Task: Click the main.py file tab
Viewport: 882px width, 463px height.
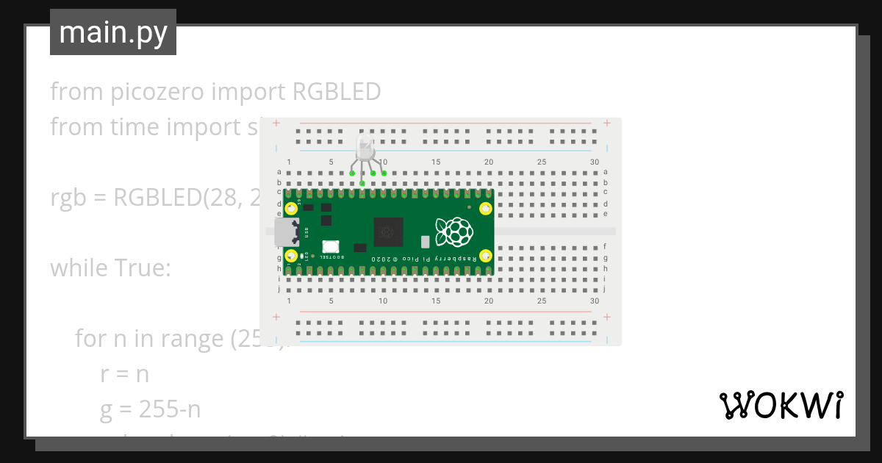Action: pos(113,32)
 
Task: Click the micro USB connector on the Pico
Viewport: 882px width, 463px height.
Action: pos(285,232)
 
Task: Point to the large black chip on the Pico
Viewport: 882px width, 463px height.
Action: pos(389,232)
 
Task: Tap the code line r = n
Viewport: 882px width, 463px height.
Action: pos(125,374)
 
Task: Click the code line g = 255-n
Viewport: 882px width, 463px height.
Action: pos(151,409)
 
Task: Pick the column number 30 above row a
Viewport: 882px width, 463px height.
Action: pos(594,162)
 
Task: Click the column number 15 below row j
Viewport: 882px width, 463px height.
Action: pos(436,301)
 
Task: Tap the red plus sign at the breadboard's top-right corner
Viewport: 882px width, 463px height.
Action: pos(606,123)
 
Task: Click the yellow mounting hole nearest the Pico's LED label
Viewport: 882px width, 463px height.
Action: pos(292,256)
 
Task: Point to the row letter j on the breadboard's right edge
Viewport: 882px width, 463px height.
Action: pos(605,289)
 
